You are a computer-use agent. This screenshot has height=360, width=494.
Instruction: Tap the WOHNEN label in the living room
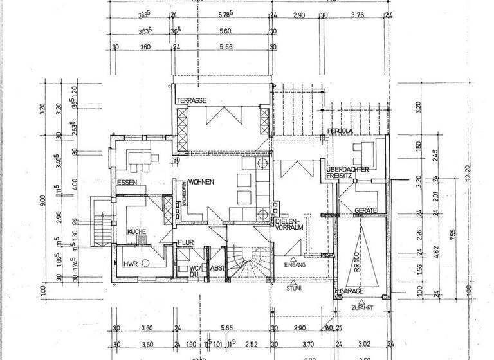[x=201, y=183]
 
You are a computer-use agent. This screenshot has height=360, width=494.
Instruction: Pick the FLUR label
[x=186, y=243]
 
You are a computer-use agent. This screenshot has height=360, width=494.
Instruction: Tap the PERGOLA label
[x=339, y=131]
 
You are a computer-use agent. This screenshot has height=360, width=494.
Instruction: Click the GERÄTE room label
[x=365, y=211]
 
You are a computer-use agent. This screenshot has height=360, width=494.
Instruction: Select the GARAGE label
[x=354, y=291]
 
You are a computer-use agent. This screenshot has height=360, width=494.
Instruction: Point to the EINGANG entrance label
[x=293, y=264]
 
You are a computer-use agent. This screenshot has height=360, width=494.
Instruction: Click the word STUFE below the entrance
[x=293, y=289]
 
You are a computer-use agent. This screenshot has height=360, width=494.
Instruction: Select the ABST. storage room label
[x=217, y=269]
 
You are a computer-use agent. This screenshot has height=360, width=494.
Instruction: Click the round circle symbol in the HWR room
[x=146, y=263]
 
